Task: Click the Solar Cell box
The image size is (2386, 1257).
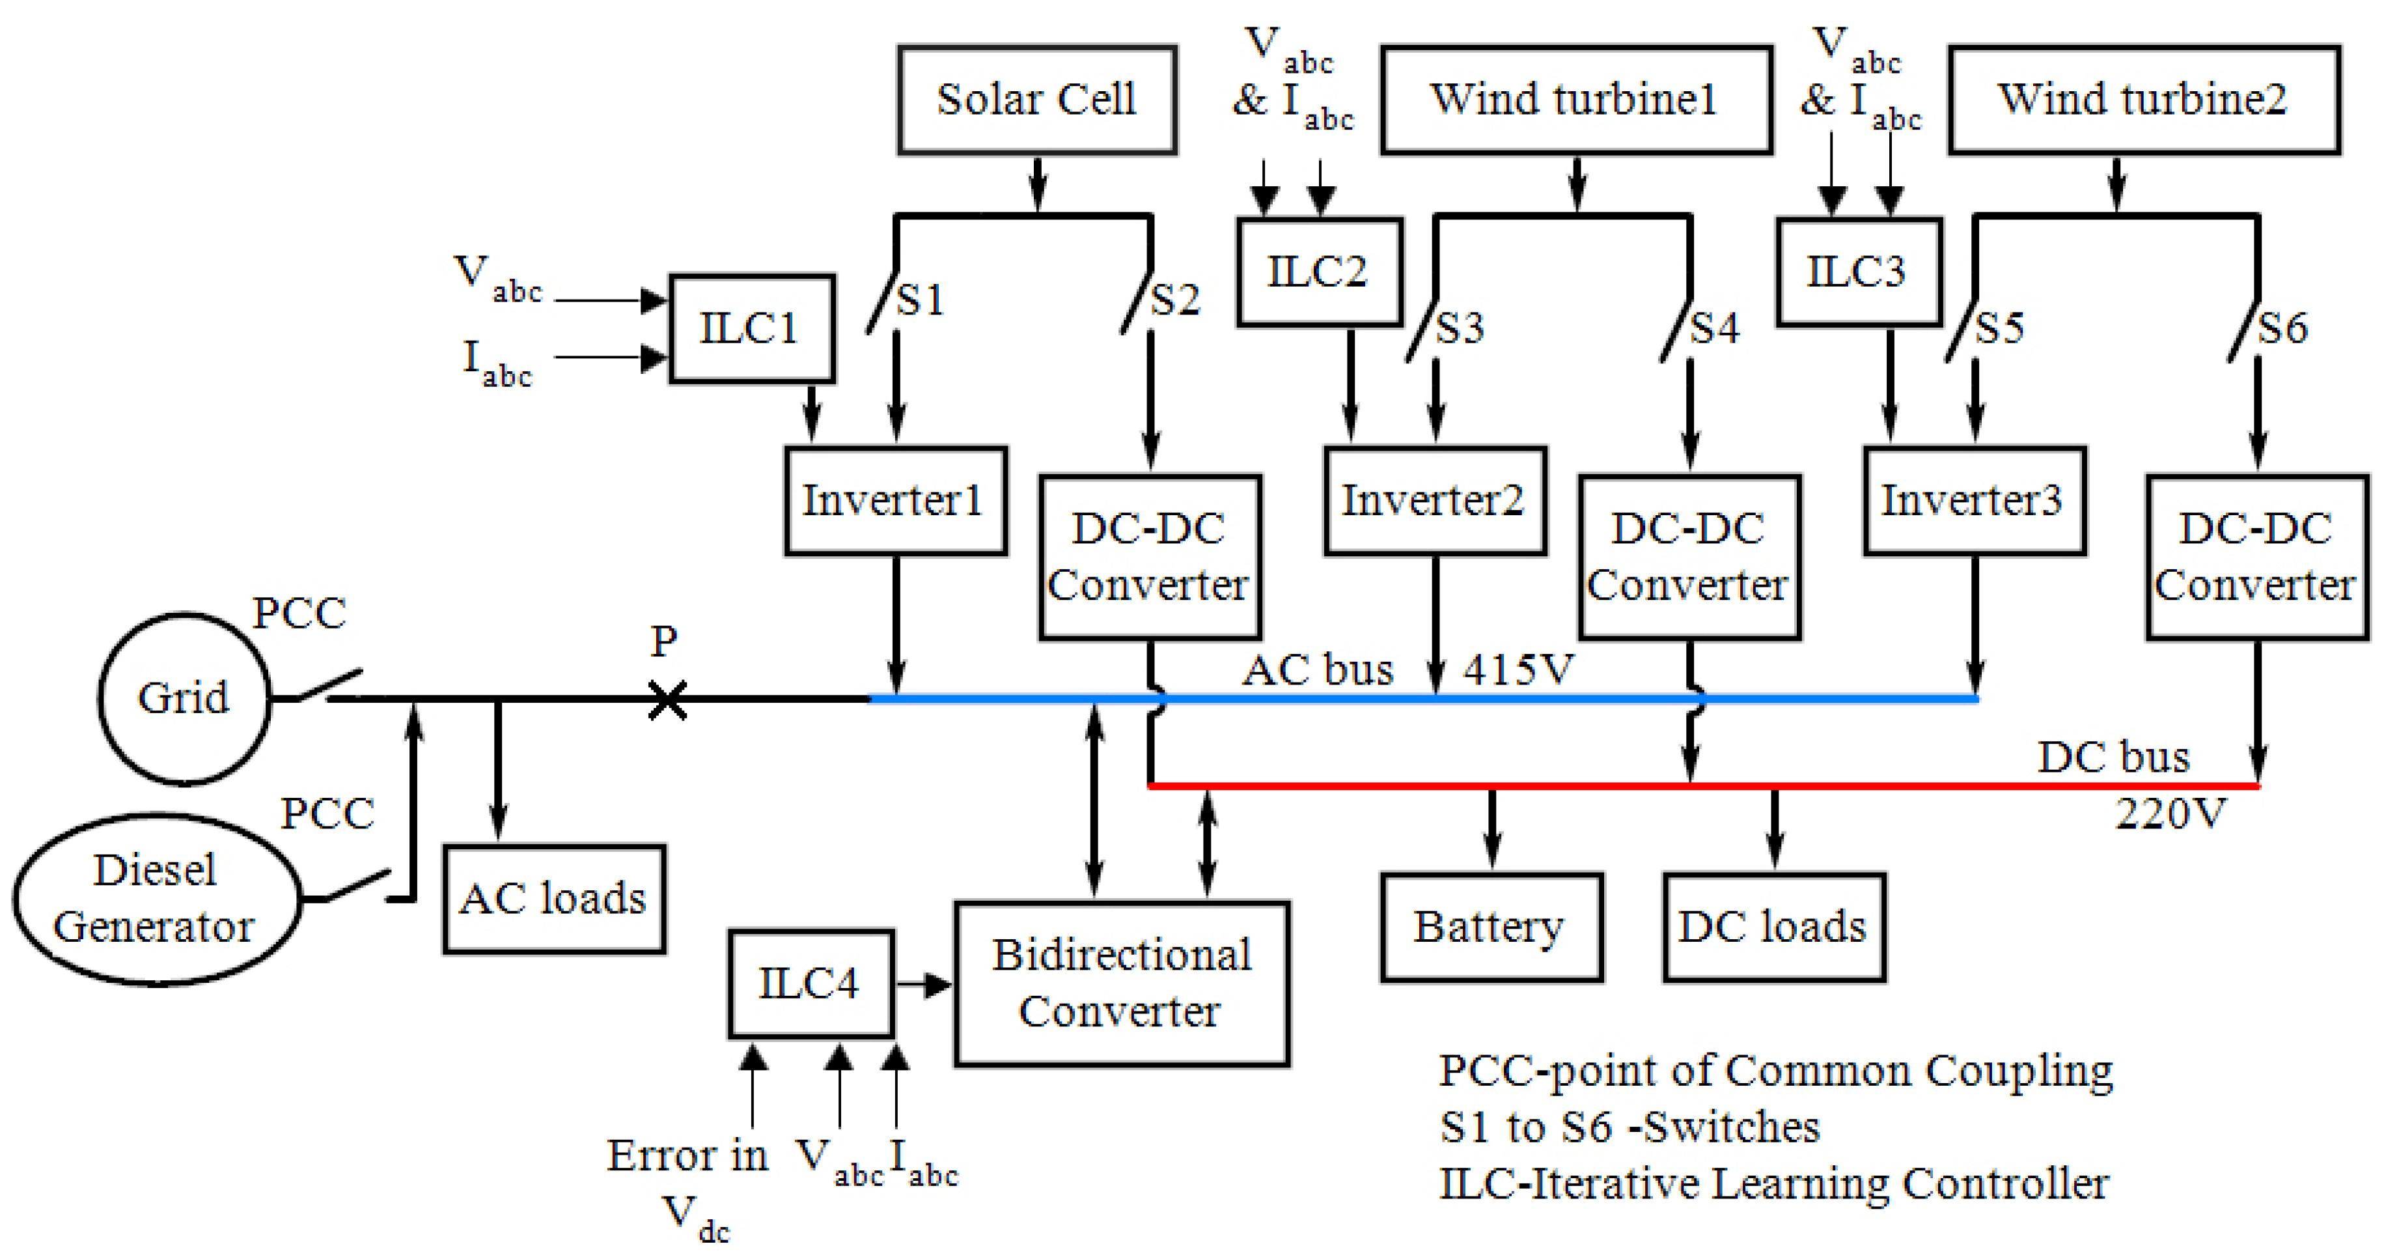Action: click(x=1036, y=99)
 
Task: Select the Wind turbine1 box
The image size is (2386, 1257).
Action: click(x=1575, y=99)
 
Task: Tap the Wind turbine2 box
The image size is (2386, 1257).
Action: click(x=2143, y=99)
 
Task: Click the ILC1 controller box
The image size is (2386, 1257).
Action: click(x=751, y=328)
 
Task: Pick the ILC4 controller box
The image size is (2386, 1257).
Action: click(x=811, y=983)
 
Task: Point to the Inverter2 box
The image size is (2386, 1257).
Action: click(x=1434, y=500)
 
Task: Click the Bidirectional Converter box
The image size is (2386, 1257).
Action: click(x=1122, y=983)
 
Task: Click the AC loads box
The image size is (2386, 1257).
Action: click(x=554, y=897)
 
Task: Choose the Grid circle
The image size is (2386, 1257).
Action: click(x=184, y=698)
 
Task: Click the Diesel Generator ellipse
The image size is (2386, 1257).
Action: click(x=155, y=899)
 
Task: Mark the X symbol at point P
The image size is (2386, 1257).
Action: click(x=667, y=699)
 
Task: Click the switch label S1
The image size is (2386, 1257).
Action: click(x=921, y=299)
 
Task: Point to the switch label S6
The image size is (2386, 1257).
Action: click(x=2282, y=328)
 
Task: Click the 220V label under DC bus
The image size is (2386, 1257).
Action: click(x=2169, y=814)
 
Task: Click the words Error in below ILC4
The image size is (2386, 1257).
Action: click(x=687, y=1155)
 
